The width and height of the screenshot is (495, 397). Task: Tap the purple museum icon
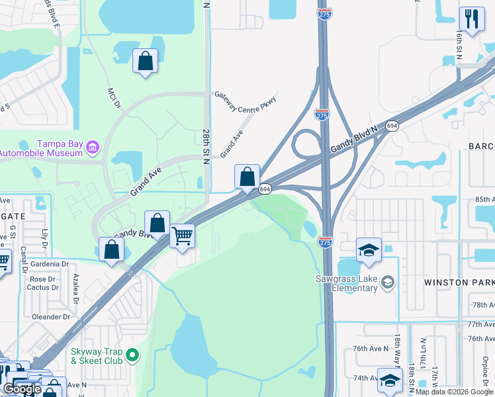[93, 146]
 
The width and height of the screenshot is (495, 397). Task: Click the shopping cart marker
[182, 235]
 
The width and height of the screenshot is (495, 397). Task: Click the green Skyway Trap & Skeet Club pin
[132, 356]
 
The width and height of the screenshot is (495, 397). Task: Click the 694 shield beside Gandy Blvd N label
[392, 126]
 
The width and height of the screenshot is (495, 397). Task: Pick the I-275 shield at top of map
[324, 13]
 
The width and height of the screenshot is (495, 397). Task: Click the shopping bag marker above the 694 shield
[247, 177]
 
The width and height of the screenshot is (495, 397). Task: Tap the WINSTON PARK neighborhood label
[459, 283]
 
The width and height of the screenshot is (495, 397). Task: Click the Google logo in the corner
[22, 388]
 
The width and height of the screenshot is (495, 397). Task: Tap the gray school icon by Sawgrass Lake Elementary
[388, 283]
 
